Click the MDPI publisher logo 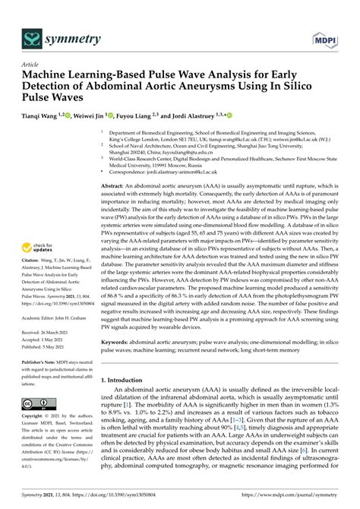click(x=323, y=37)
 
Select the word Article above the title click(x=31, y=65)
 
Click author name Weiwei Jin click(x=92, y=116)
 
